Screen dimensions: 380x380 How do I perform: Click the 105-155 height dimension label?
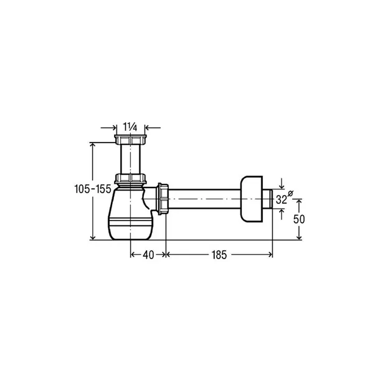coord(93,189)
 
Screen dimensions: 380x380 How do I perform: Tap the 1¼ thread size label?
coord(130,126)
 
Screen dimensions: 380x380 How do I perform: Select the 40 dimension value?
coord(148,255)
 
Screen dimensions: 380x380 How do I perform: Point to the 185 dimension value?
coord(219,255)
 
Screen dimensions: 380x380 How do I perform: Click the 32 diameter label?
coord(281,200)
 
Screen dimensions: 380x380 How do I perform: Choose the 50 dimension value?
coord(299,219)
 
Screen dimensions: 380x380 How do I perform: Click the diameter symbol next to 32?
coord(290,193)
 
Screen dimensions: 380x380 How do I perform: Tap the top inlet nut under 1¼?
coord(130,140)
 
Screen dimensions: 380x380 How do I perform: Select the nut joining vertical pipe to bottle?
coord(130,178)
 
